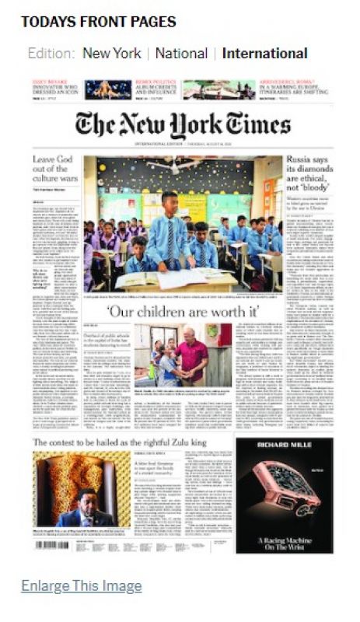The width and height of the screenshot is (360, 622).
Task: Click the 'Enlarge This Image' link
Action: (82, 585)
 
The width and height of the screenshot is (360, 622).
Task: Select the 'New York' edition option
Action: (112, 54)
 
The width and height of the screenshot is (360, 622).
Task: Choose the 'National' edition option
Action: (181, 54)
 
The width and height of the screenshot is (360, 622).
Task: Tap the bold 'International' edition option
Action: (264, 54)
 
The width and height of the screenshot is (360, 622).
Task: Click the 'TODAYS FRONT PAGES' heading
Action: (98, 21)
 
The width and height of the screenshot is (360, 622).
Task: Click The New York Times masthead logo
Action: (183, 125)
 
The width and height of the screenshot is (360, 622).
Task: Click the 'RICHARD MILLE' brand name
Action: (284, 449)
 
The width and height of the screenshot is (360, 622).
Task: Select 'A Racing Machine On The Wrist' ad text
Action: (284, 532)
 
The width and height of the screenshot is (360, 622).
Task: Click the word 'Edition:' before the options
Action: (51, 54)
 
